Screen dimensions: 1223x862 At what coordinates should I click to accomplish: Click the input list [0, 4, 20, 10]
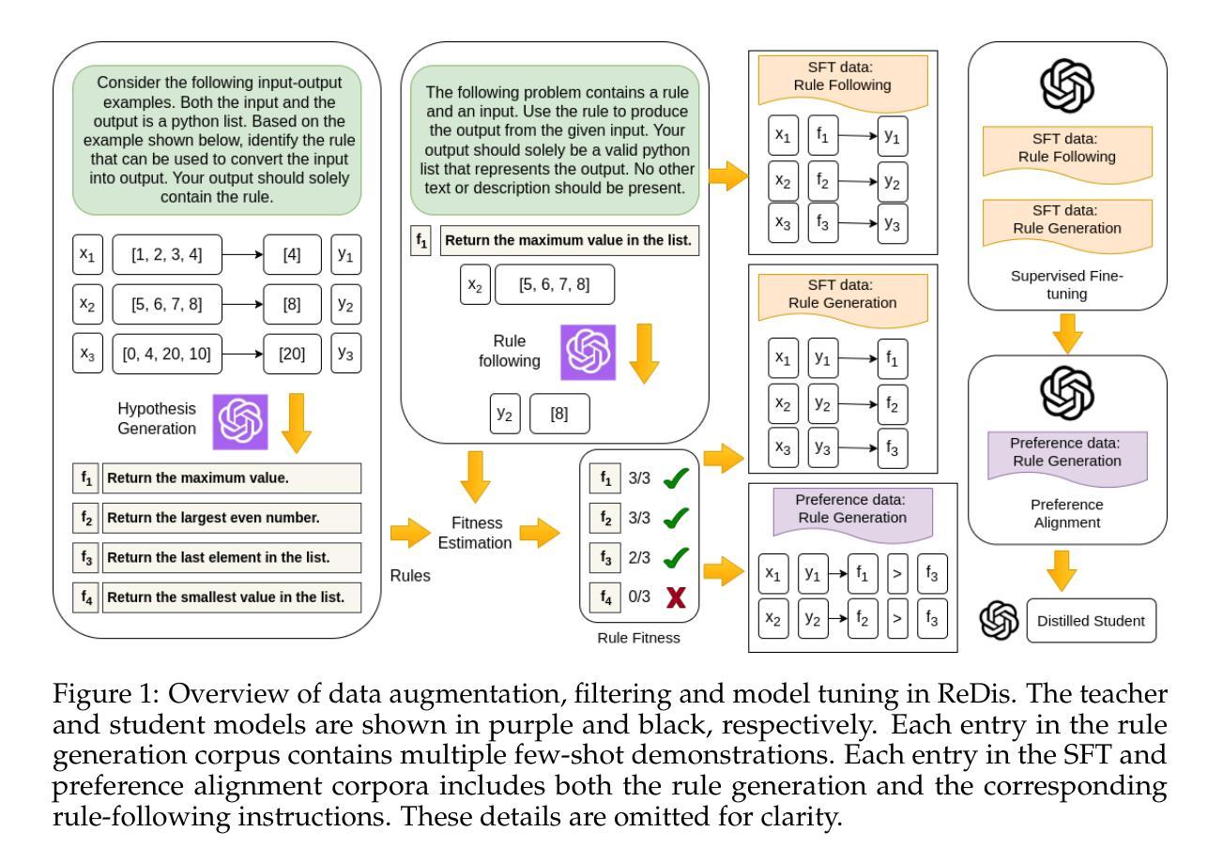click(167, 354)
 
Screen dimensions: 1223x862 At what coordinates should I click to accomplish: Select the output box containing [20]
click(292, 354)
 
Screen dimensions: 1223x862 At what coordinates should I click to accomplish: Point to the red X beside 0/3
click(676, 597)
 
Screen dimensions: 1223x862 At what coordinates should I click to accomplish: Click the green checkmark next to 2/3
click(676, 557)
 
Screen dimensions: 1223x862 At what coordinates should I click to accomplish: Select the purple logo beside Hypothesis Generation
click(240, 422)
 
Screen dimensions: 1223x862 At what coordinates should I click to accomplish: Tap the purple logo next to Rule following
click(588, 352)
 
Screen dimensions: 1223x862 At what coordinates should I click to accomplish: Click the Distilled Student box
click(1091, 620)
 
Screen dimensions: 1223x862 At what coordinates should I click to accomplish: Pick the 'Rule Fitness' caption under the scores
click(638, 638)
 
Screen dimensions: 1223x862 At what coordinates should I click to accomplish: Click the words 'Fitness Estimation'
click(475, 533)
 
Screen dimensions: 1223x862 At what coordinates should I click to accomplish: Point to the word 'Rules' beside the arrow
click(410, 576)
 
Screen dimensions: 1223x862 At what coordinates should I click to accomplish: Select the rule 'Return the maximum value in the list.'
click(569, 240)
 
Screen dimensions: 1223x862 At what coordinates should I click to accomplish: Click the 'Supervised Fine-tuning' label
click(1067, 284)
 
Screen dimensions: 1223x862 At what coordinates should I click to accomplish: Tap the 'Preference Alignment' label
click(1067, 513)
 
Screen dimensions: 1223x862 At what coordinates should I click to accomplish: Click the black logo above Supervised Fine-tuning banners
click(1067, 85)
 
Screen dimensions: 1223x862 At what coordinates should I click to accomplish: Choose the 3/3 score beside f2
click(639, 517)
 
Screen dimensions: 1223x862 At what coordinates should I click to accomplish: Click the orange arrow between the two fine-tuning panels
click(1067, 333)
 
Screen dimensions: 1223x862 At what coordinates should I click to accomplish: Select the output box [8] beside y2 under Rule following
click(559, 414)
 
